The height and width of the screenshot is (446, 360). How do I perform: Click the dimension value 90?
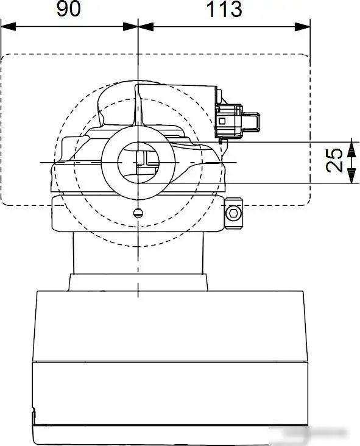(x=69, y=10)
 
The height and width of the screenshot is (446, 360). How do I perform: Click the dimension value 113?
(x=224, y=10)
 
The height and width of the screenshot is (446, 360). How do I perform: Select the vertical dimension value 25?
(x=333, y=161)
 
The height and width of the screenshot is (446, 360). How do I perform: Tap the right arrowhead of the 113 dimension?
(x=304, y=26)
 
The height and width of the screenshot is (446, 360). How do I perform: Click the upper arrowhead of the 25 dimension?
(x=350, y=146)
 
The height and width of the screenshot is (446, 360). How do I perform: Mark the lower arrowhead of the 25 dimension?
(x=350, y=177)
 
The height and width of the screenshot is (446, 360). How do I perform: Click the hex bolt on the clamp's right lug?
(x=232, y=213)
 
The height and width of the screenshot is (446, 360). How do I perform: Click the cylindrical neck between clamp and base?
(x=139, y=253)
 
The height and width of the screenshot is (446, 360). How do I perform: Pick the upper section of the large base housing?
(x=169, y=326)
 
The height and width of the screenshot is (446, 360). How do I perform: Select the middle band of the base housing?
(x=169, y=390)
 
